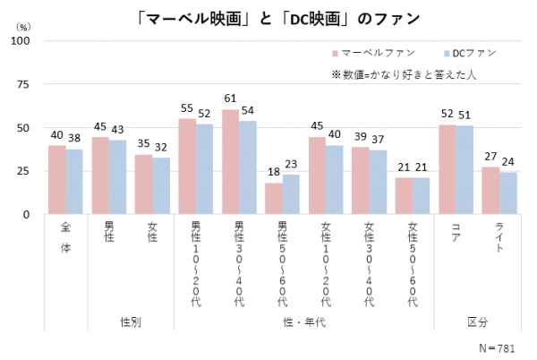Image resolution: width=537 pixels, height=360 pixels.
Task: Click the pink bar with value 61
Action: coord(230,162)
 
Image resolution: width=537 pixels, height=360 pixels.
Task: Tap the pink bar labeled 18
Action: coord(274,199)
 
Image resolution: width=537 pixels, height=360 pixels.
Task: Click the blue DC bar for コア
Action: coord(465,170)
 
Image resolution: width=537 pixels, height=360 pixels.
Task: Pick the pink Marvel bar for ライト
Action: coord(491,191)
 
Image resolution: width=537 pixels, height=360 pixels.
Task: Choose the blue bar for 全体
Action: coord(73,182)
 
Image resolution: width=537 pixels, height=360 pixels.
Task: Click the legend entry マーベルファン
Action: coord(369,54)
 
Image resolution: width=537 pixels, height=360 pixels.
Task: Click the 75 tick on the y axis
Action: coord(24,84)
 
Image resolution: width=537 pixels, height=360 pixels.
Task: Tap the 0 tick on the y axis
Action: coord(28,215)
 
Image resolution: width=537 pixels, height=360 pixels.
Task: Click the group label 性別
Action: coord(131,320)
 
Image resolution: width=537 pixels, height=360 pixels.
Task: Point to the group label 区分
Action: coord(478,320)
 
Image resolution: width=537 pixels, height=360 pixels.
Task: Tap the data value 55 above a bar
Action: coord(187,108)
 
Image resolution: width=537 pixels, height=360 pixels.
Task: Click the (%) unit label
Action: coord(21,26)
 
